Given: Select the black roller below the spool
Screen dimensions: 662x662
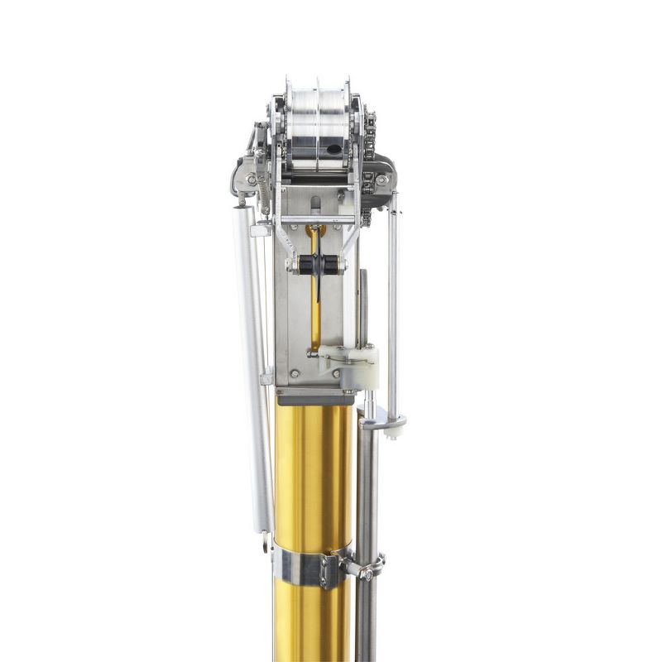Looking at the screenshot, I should click(x=319, y=265).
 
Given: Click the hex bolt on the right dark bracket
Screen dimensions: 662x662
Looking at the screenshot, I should click(x=381, y=180).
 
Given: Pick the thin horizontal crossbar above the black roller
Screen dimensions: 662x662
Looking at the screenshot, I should click(x=319, y=220).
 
